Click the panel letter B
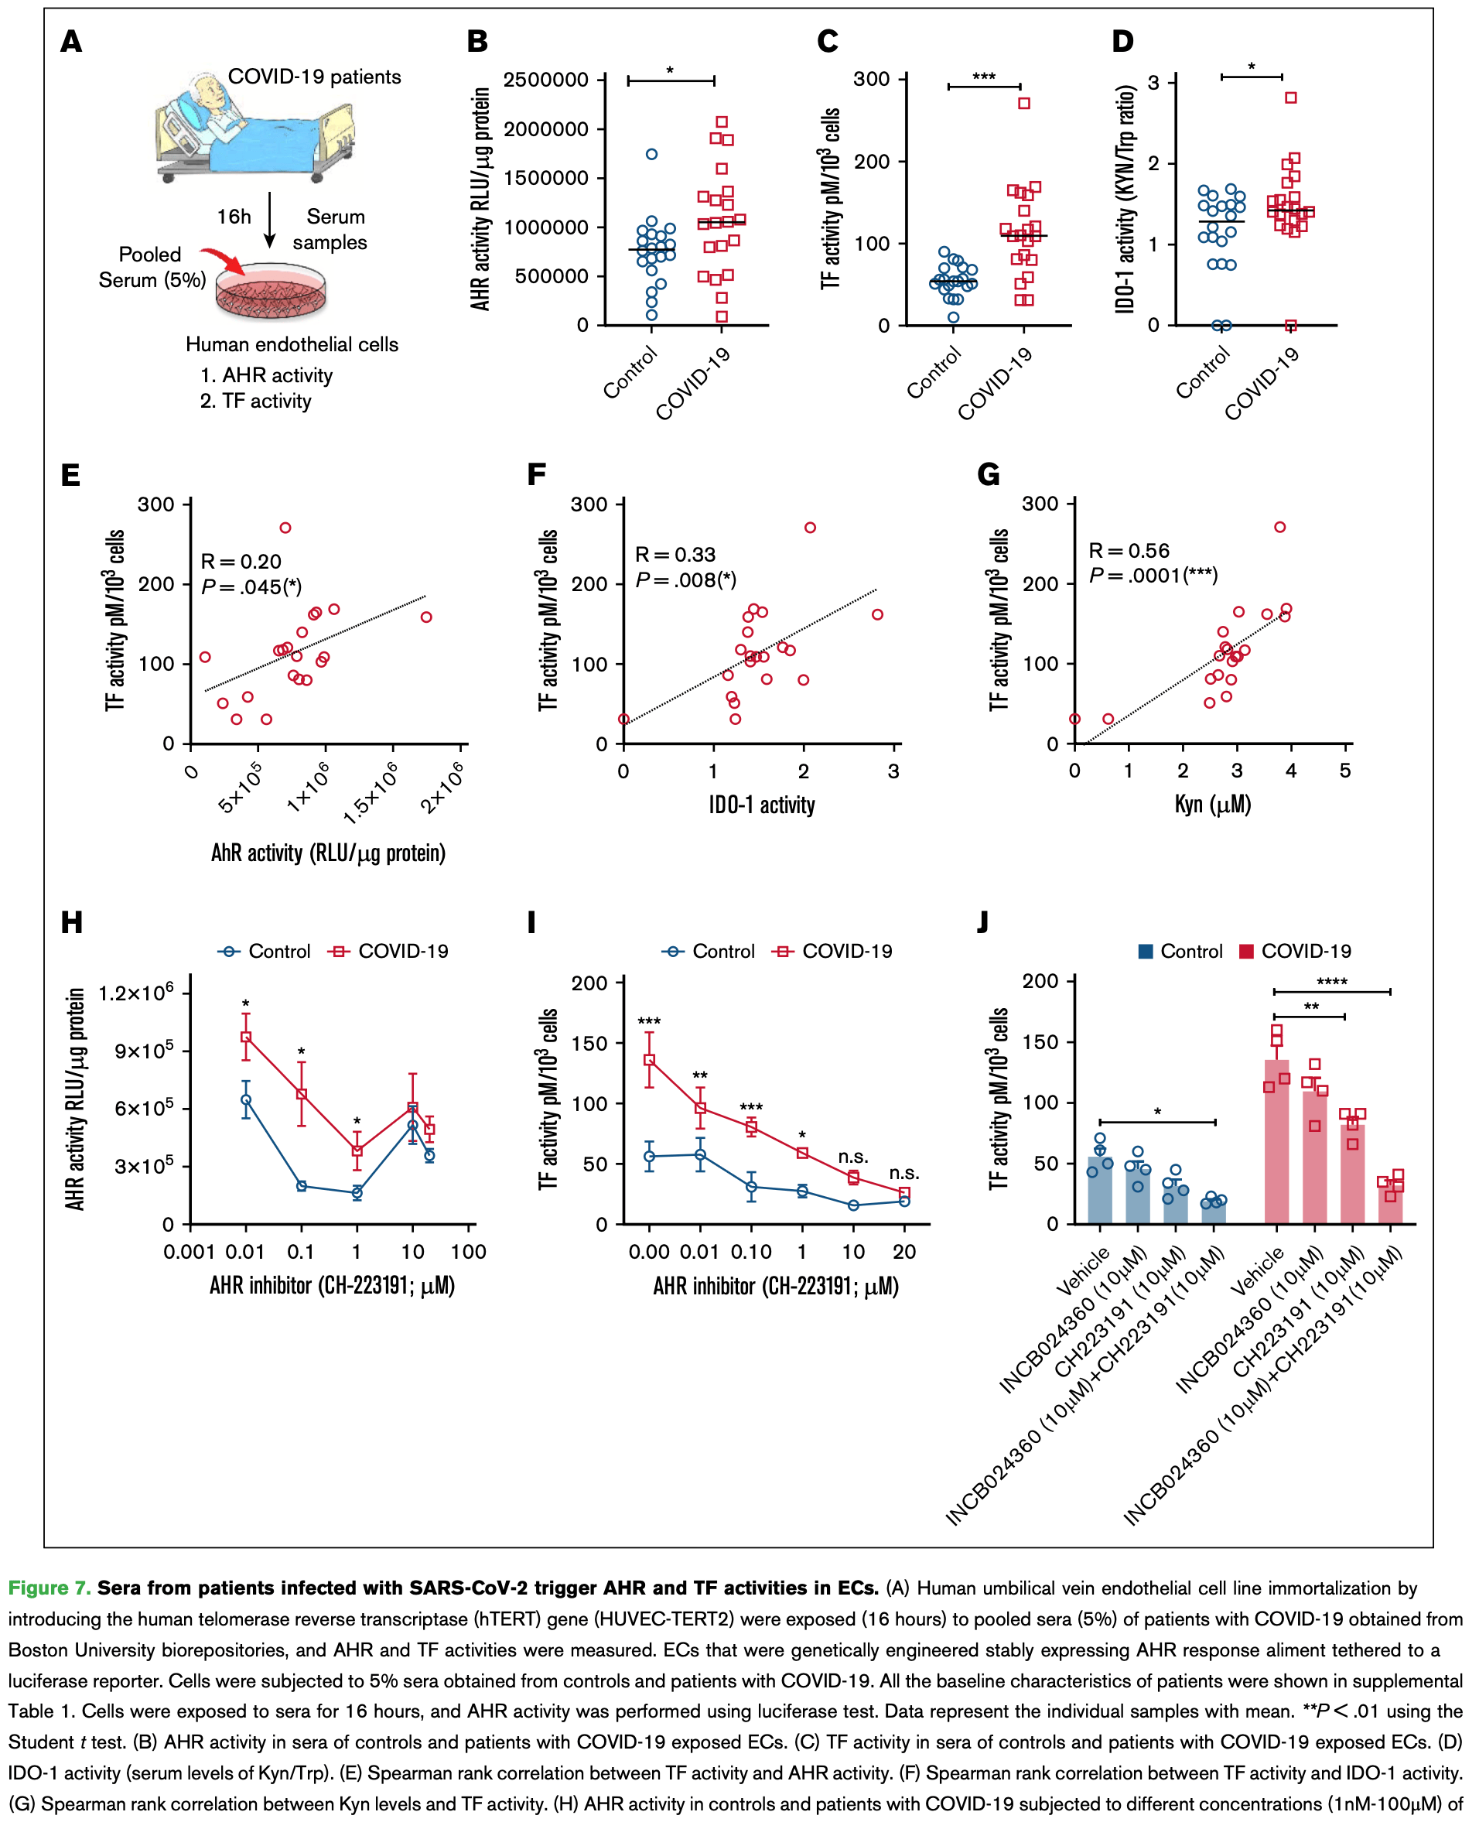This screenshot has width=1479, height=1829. tap(477, 41)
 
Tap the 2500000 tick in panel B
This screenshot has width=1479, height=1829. tap(546, 80)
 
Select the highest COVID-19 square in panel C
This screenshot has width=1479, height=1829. tap(1024, 103)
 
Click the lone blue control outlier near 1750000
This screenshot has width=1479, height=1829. tap(652, 154)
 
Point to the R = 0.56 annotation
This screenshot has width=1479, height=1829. tap(1129, 551)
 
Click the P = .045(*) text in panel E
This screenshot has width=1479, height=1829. tap(251, 587)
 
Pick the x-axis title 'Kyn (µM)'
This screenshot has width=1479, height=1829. tap(1212, 804)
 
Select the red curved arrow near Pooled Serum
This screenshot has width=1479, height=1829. tap(224, 259)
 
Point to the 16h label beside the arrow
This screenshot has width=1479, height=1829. tap(234, 217)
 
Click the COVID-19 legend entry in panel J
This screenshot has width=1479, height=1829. tap(1296, 952)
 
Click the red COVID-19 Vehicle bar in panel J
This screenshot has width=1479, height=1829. tap(1276, 1141)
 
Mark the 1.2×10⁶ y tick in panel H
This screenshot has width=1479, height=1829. tap(135, 993)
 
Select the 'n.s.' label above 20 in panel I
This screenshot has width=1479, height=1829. tap(904, 1173)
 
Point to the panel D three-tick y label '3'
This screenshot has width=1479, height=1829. tap(1153, 83)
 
